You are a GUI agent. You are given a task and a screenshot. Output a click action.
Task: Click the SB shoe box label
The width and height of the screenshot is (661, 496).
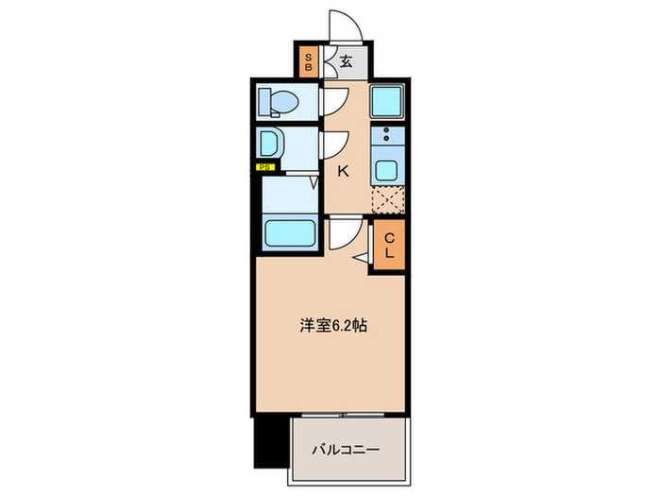click(308, 63)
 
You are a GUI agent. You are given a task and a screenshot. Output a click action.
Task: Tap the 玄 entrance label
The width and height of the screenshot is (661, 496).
click(346, 63)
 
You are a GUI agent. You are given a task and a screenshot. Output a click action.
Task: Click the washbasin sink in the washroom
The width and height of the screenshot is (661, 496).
click(270, 145)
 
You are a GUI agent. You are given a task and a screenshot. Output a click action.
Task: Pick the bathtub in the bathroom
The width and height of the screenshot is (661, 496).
click(288, 232)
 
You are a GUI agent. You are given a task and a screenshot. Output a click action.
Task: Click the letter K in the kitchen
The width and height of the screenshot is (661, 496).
click(345, 171)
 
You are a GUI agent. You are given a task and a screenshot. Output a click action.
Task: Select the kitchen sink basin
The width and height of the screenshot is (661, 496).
click(386, 170)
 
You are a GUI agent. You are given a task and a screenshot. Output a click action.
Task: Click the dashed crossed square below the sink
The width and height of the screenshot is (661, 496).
click(388, 199)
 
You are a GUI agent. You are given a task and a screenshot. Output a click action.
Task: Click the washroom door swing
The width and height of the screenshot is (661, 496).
click(333, 145)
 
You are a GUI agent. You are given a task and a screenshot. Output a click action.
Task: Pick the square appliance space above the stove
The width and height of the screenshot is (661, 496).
click(386, 100)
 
